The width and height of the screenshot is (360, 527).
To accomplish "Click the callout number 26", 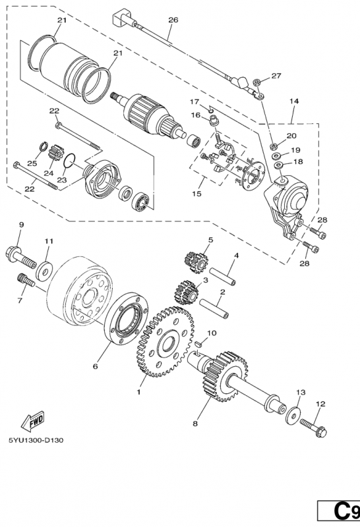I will (173, 20).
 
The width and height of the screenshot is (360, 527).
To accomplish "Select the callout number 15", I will (196, 194).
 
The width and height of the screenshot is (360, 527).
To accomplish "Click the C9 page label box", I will (339, 511).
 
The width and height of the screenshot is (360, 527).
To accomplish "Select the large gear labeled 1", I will (159, 342).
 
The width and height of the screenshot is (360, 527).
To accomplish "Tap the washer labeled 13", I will (290, 415).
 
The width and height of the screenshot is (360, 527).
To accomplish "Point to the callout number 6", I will (96, 366).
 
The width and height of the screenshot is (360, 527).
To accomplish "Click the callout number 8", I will (195, 424).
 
